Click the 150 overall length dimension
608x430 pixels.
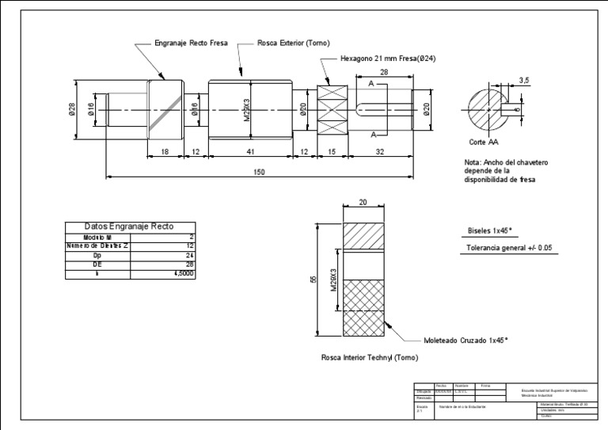pyautogui.click(x=260, y=173)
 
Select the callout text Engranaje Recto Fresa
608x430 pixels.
pyautogui.click(x=191, y=44)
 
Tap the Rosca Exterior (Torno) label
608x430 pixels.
pyautogui.click(x=294, y=44)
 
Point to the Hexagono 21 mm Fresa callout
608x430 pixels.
pyautogui.click(x=388, y=59)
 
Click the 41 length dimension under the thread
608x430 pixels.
pyautogui.click(x=249, y=150)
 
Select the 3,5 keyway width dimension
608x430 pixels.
pyautogui.click(x=523, y=80)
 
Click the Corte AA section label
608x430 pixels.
pyautogui.click(x=483, y=143)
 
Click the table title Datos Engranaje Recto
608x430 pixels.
pyautogui.click(x=128, y=226)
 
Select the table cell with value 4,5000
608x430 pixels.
pyautogui.click(x=183, y=273)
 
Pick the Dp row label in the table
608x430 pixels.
pyautogui.click(x=97, y=255)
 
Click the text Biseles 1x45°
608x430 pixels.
pyautogui.click(x=491, y=232)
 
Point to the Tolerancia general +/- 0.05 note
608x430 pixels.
pyautogui.click(x=509, y=249)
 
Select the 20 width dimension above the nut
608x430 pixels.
pyautogui.click(x=363, y=203)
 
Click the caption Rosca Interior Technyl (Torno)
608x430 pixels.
pyautogui.click(x=369, y=358)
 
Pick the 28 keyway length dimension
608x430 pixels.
pyautogui.click(x=384, y=72)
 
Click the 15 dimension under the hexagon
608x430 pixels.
pyautogui.click(x=332, y=150)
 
